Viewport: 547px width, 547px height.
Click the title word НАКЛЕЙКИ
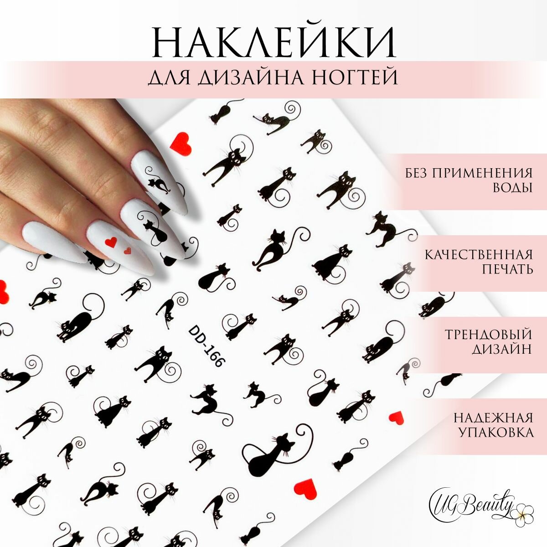click(273, 42)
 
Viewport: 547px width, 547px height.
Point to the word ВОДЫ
click(513, 188)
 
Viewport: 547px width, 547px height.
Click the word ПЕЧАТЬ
click(507, 269)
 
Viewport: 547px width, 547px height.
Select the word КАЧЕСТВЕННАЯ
click(479, 254)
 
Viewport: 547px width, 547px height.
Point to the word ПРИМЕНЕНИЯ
click(488, 173)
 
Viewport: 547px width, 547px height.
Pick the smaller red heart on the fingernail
click(128, 250)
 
